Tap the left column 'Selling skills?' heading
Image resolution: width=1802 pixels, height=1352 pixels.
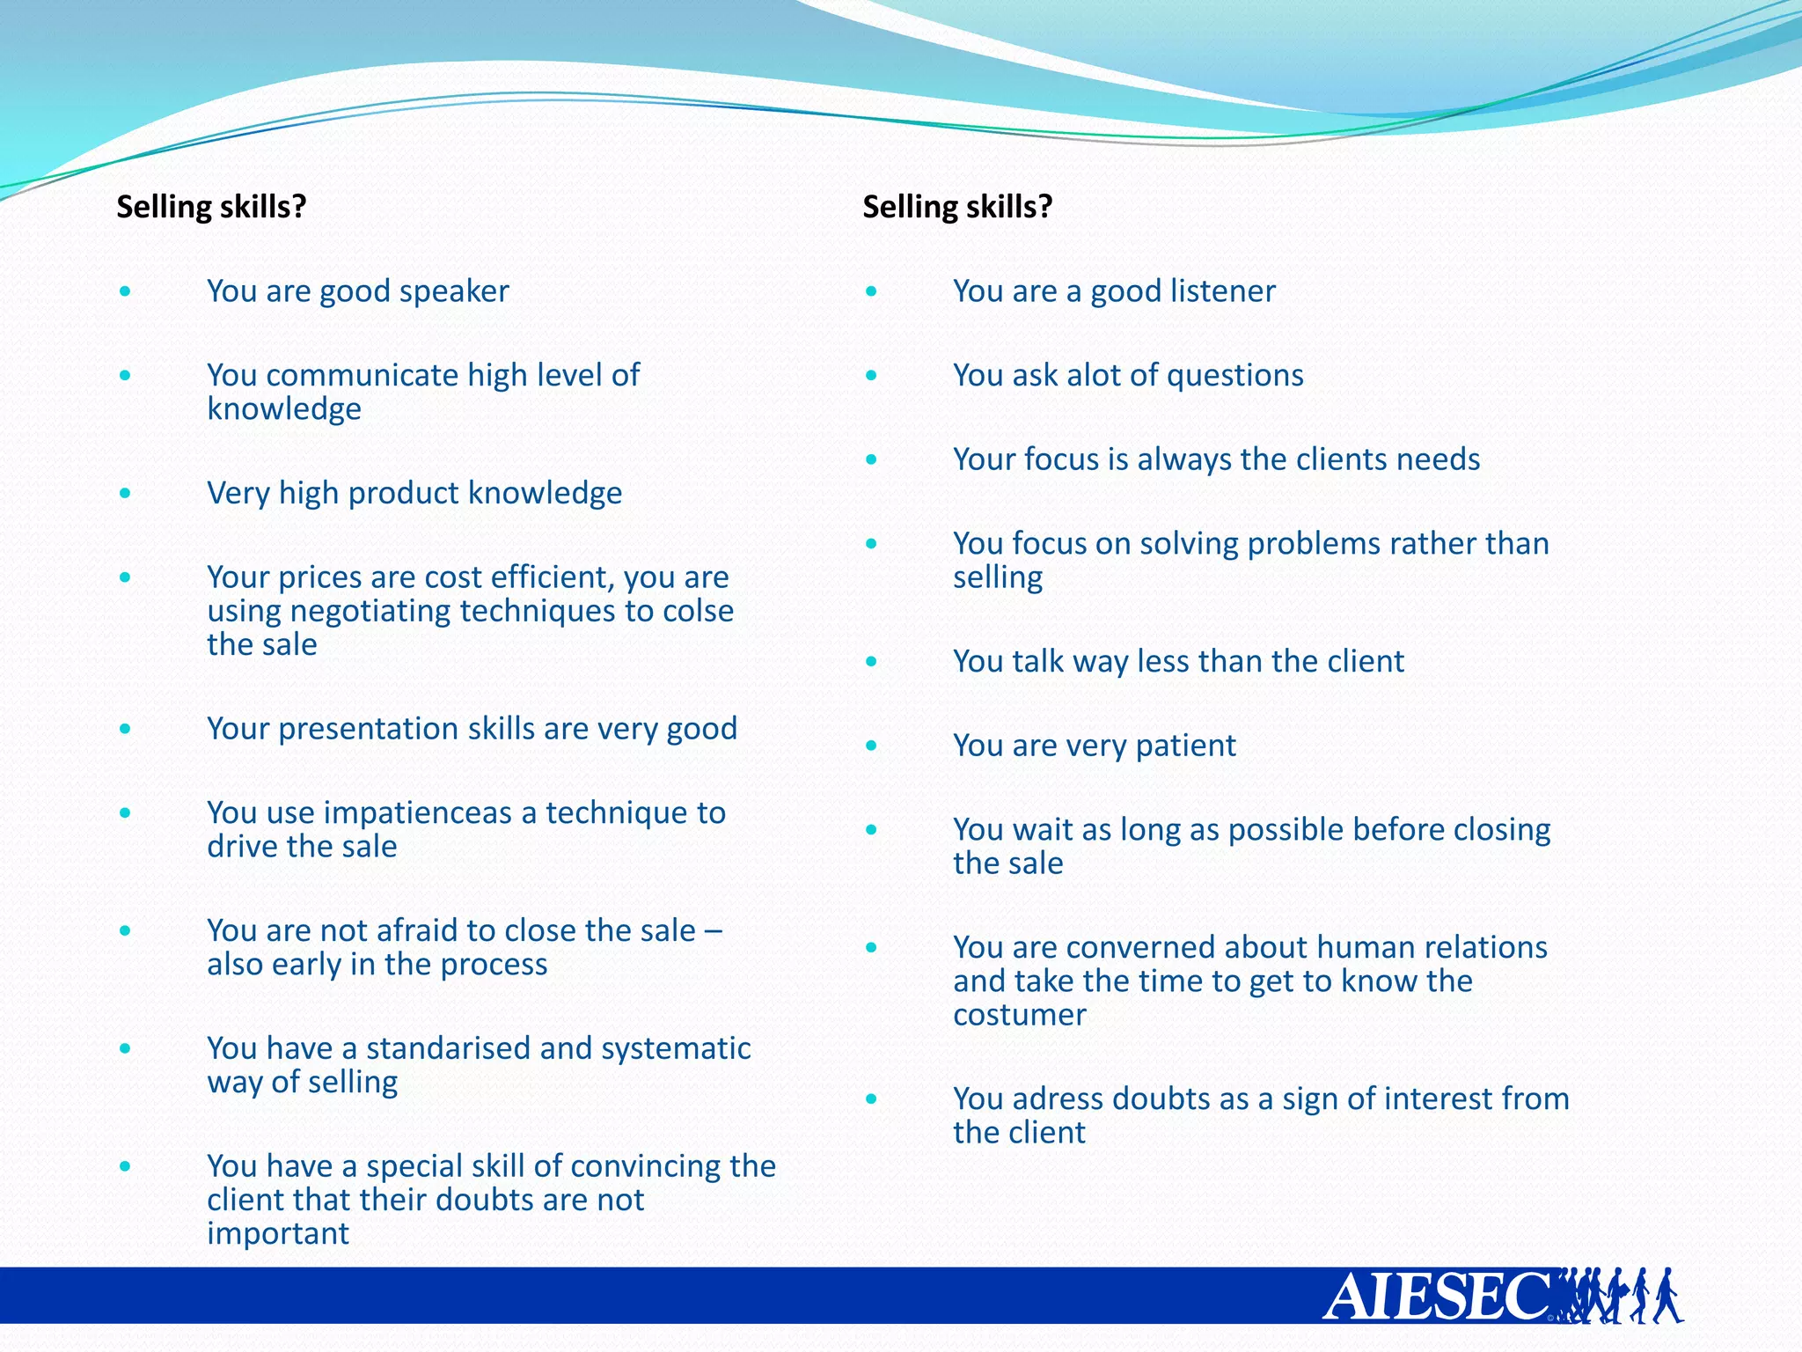(x=211, y=207)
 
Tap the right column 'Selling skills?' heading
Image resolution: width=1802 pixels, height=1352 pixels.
(x=957, y=207)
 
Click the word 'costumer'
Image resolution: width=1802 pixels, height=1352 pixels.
(x=1020, y=1016)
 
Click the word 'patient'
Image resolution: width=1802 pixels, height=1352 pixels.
(x=1185, y=746)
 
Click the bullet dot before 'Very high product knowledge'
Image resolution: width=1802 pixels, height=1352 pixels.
(x=126, y=493)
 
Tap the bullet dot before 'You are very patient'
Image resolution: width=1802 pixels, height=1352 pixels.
(x=871, y=746)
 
